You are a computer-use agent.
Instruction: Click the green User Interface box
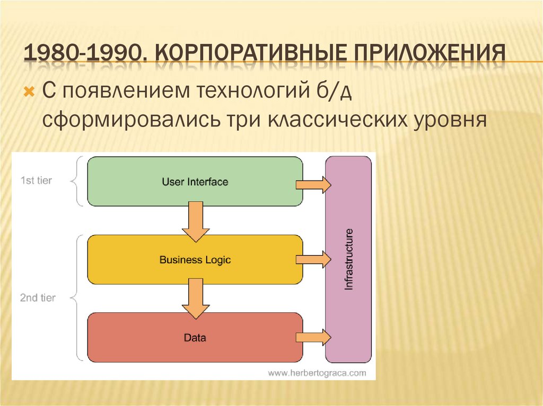195,182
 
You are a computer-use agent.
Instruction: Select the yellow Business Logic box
195,260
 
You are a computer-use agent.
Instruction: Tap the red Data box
195,337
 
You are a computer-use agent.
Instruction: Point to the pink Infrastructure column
348,259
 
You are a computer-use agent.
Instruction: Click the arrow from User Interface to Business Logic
195,220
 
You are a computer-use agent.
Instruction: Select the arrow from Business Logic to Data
195,298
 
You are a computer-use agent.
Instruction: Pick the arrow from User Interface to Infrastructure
313,184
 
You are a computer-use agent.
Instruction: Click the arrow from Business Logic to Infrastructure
313,260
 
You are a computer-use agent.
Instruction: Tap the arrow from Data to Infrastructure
313,337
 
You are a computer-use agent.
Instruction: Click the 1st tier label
36,181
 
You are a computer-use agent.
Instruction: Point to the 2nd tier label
38,298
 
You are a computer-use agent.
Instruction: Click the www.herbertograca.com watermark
317,373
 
